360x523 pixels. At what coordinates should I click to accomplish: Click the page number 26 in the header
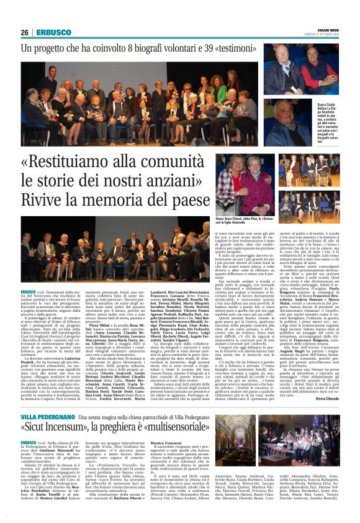25,32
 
